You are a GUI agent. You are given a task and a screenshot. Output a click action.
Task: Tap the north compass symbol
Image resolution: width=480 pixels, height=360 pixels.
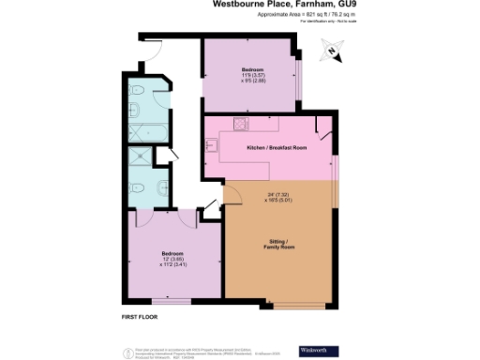[335, 52]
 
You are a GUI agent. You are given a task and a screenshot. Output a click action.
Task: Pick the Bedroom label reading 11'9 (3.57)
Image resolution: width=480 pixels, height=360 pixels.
[253, 76]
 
